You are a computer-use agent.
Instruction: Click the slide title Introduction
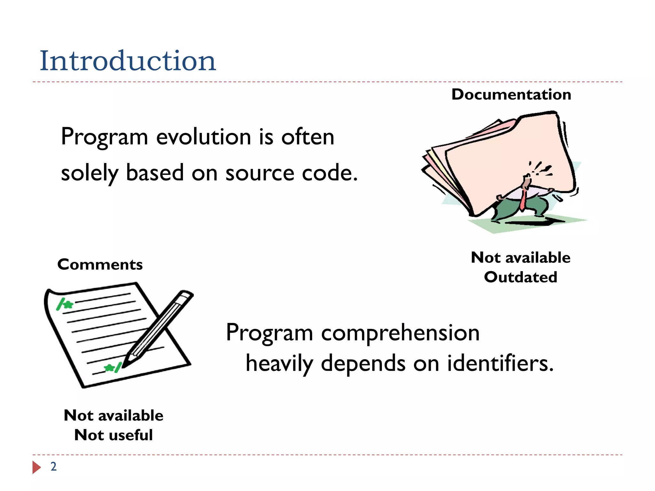click(128, 61)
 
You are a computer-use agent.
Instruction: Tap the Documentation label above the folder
click(511, 95)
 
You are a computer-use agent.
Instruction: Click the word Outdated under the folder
click(520, 277)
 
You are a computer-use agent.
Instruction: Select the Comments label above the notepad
click(100, 265)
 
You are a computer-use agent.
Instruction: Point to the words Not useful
click(113, 435)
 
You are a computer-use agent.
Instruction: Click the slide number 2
click(53, 467)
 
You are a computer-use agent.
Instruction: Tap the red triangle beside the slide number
click(36, 467)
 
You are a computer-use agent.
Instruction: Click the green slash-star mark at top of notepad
click(64, 304)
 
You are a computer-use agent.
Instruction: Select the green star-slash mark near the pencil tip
click(113, 368)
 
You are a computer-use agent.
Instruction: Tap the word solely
click(90, 173)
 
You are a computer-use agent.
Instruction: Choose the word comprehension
click(400, 333)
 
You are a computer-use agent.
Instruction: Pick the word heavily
click(279, 363)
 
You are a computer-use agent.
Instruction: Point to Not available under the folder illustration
click(520, 258)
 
